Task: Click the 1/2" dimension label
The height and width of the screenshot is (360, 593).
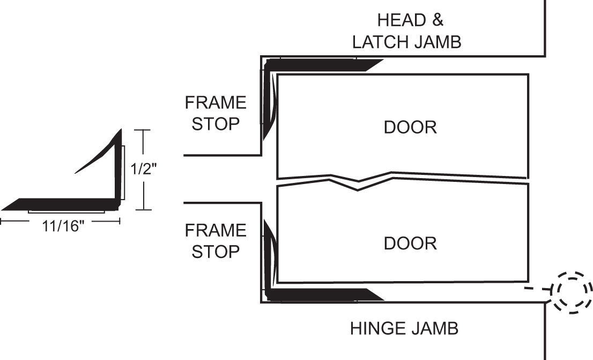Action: pyautogui.click(x=143, y=170)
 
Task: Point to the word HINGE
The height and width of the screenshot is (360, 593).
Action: pyautogui.click(x=375, y=328)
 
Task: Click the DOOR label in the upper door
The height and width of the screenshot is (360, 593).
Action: pyautogui.click(x=410, y=127)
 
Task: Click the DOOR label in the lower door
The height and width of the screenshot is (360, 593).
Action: pyautogui.click(x=410, y=243)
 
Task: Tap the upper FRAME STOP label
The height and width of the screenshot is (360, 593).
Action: pyautogui.click(x=216, y=113)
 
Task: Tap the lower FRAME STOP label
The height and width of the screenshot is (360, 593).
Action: pyautogui.click(x=216, y=241)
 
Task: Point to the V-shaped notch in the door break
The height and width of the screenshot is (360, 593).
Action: pyautogui.click(x=358, y=185)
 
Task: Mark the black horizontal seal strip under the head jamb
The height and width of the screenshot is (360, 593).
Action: pyautogui.click(x=322, y=65)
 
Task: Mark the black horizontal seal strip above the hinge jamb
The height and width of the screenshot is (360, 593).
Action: pyautogui.click(x=322, y=295)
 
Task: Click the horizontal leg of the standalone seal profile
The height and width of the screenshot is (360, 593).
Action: pyautogui.click(x=59, y=204)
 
